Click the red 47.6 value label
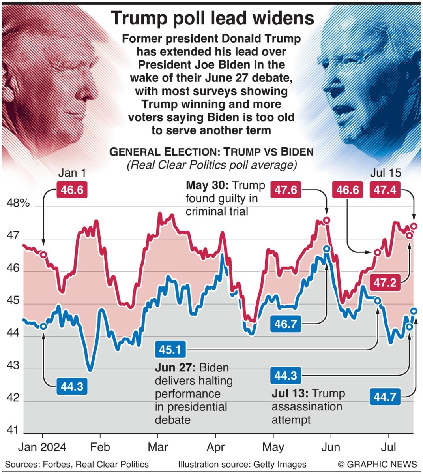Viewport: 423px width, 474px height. (286, 190)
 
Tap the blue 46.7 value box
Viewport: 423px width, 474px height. (286, 324)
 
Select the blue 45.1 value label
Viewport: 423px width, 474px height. (170, 350)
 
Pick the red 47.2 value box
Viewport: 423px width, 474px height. (385, 283)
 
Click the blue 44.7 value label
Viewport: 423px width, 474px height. (385, 396)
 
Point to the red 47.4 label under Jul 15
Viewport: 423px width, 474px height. (385, 190)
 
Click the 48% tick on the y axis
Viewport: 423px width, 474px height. (18, 203)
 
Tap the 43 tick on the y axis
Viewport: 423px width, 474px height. (13, 365)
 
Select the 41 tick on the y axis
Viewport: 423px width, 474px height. (13, 430)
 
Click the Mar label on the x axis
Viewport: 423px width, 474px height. (158, 447)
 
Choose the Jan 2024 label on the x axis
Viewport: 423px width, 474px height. (43, 447)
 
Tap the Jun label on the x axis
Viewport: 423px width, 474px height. (331, 447)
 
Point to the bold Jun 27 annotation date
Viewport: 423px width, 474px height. (175, 368)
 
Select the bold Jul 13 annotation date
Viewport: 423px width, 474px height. (290, 394)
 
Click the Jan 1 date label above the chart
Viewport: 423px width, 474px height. (72, 173)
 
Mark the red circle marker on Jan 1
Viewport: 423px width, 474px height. (43, 255)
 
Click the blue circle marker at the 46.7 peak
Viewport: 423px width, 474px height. (327, 249)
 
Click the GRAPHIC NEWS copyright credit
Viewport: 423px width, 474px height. (377, 465)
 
